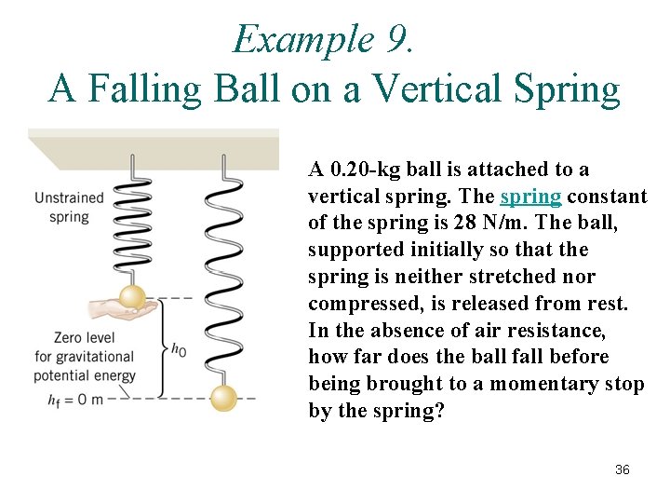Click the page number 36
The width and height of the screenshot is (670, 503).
coord(623,469)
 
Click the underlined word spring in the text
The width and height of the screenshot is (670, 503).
coord(530,197)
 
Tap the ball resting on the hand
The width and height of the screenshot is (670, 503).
coord(132,297)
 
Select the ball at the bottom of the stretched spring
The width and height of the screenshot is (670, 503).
coord(223,397)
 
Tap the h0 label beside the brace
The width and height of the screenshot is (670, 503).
coord(179,349)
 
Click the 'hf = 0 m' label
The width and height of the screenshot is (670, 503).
coord(69,398)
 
